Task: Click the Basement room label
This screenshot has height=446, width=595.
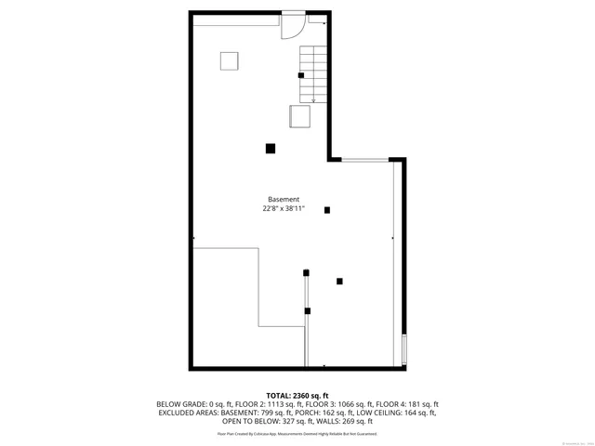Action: pos(284,200)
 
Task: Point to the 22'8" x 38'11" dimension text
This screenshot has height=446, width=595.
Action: pos(284,209)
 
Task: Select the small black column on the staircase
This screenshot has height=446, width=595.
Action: pos(300,75)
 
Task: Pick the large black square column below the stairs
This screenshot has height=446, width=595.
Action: pos(271,148)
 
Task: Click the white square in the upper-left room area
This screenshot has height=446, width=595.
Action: pos(230,61)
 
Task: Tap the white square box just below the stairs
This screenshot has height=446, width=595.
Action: pos(299,116)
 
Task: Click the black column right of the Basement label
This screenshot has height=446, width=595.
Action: pos(327,210)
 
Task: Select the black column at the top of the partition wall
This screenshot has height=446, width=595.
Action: pos(306,272)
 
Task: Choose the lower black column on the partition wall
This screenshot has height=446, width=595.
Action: pos(307,310)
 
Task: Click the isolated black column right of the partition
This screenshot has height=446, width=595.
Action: pos(339,281)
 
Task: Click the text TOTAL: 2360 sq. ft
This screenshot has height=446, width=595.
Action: pos(297,396)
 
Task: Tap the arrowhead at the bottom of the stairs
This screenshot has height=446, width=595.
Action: pos(313,99)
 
